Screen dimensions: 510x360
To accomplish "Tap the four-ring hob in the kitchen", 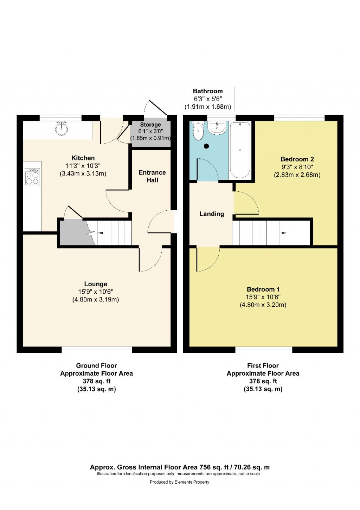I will click(x=32, y=177).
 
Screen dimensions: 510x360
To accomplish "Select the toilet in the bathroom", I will click(x=199, y=131).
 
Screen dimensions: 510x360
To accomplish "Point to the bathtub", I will click(x=240, y=150).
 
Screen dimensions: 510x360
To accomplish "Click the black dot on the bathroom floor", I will click(x=206, y=146).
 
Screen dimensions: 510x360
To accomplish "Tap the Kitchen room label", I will click(x=83, y=158).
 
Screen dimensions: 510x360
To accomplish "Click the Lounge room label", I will click(x=96, y=284).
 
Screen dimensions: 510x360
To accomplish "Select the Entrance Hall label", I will click(x=152, y=176).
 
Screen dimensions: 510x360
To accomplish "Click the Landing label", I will click(x=212, y=214).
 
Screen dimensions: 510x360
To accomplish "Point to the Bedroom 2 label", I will click(x=297, y=159).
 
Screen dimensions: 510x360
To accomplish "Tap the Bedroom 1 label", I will click(x=263, y=289).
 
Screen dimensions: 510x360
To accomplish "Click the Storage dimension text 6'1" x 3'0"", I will click(x=150, y=131).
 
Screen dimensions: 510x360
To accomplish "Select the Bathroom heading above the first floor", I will click(x=208, y=91).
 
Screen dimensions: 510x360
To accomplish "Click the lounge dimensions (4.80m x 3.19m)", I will click(x=96, y=300).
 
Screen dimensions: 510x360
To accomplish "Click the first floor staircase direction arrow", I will click(x=284, y=232).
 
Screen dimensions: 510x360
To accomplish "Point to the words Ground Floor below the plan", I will click(x=96, y=365).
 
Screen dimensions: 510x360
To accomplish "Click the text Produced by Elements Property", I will click(x=179, y=482).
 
